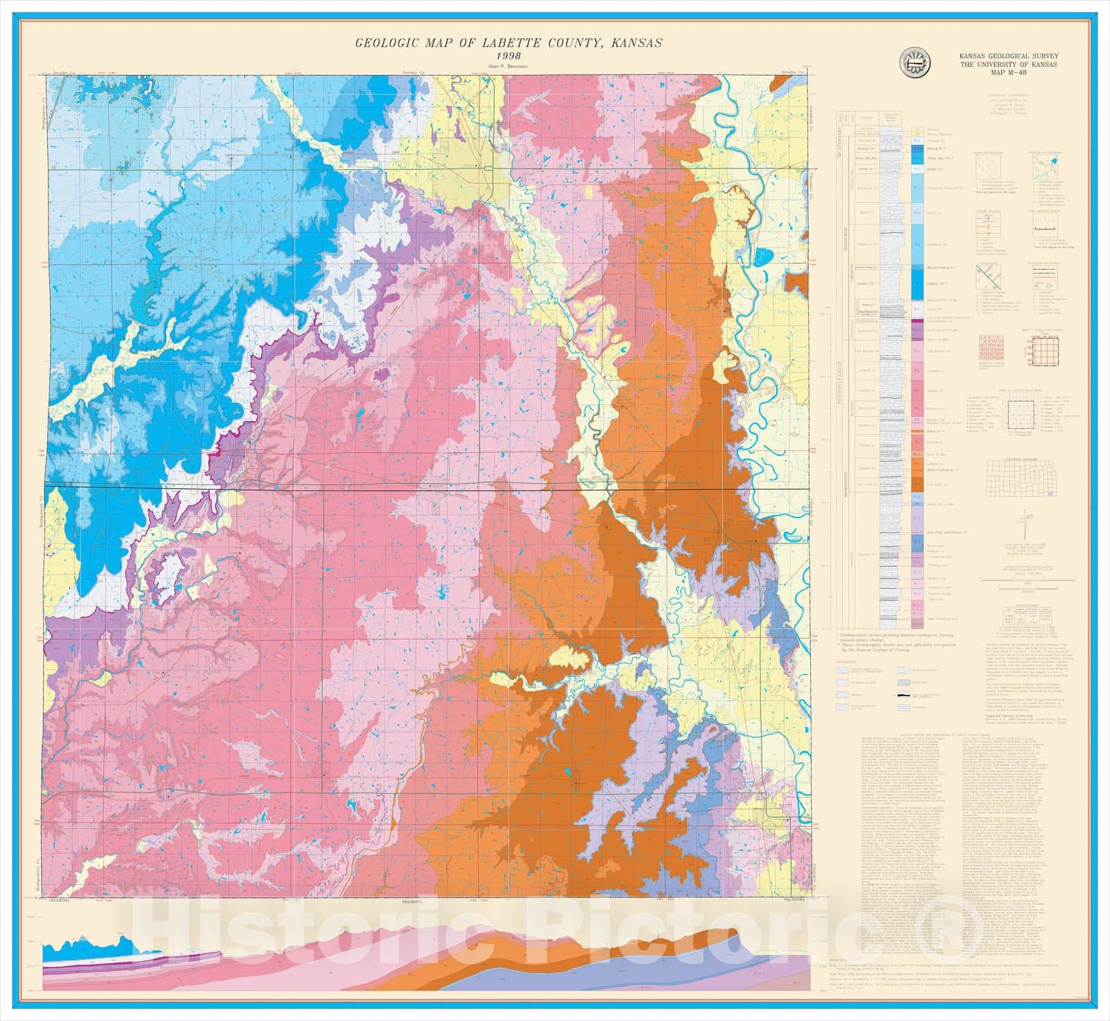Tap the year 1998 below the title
pos(508,56)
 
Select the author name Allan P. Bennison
pos(508,67)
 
